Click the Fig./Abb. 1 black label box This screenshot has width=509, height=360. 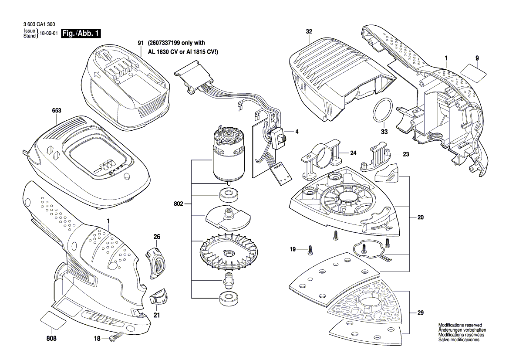pos(81,34)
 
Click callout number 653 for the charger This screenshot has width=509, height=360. pos(56,111)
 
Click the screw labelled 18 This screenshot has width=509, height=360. pos(117,336)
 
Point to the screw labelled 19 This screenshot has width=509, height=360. pos(310,249)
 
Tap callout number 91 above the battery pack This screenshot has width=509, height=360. pos(140,43)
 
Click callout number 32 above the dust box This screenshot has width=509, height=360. pos(309,31)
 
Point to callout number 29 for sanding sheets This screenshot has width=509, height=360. pos(420,312)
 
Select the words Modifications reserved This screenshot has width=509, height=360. pos(459,326)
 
